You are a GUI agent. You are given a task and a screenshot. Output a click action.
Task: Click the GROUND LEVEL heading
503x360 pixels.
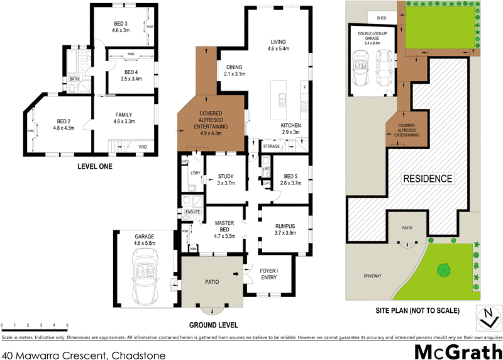(214, 325)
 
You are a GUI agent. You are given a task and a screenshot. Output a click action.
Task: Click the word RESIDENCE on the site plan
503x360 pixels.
(428, 179)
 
